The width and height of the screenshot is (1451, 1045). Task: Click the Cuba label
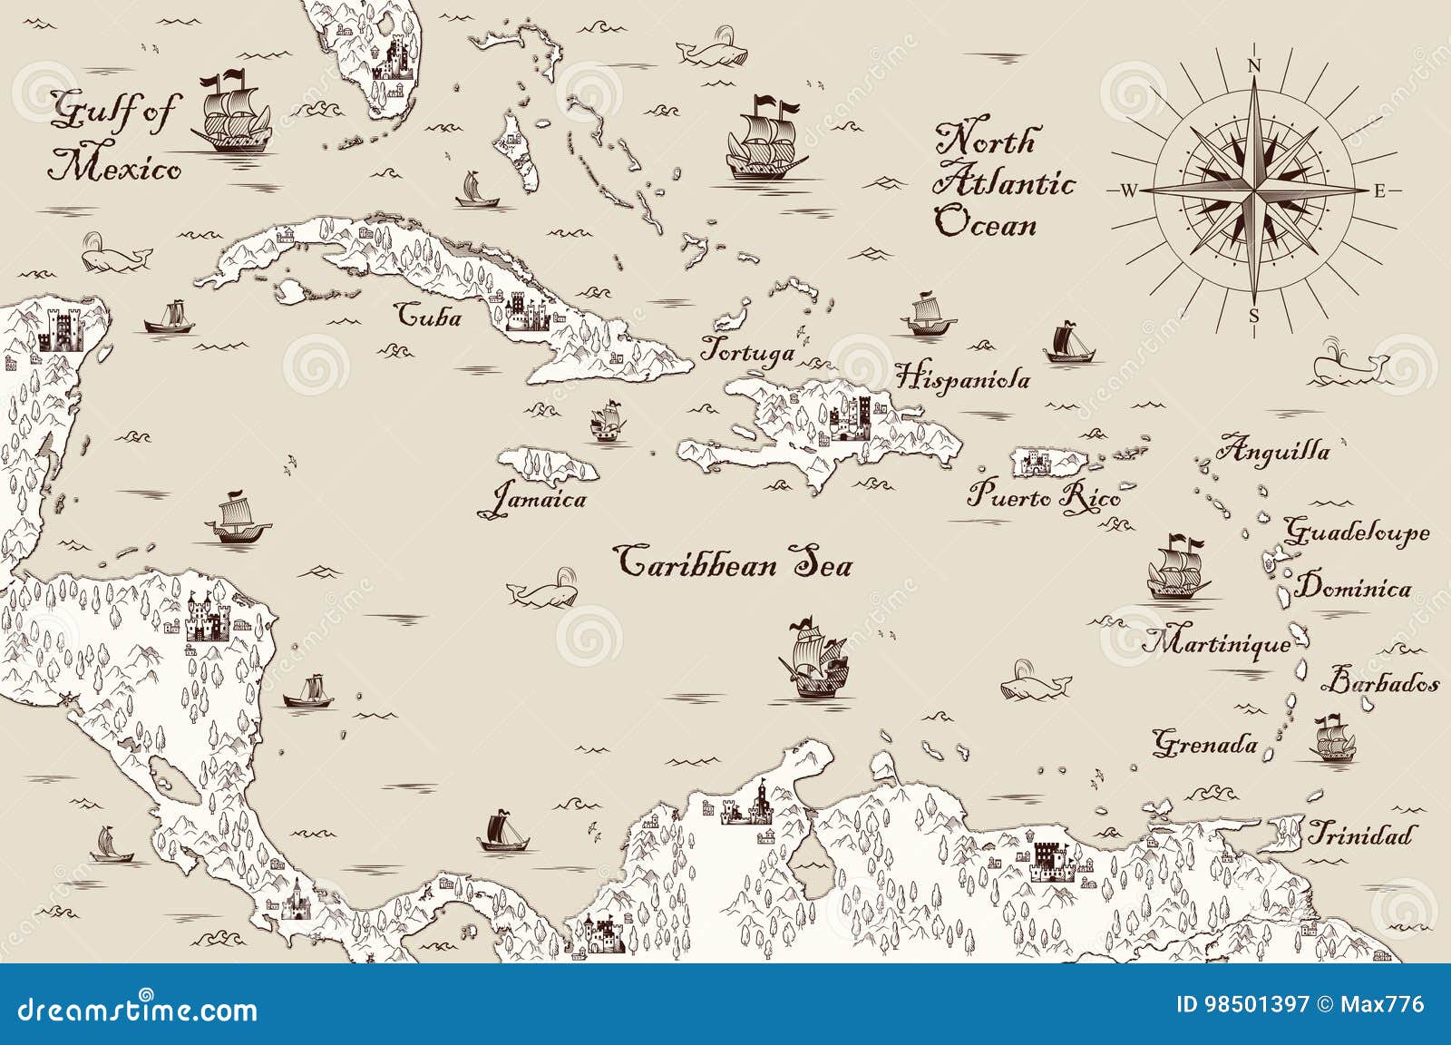[430, 317]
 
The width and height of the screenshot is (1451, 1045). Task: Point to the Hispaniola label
[962, 377]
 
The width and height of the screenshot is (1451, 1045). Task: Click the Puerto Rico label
[1043, 497]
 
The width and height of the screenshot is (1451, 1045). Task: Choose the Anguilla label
[1273, 450]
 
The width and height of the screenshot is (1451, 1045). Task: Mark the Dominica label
[1352, 588]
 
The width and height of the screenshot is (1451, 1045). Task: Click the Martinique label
[1216, 644]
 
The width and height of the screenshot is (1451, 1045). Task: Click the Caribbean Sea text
[734, 562]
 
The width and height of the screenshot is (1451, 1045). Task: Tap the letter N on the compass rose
[1255, 65]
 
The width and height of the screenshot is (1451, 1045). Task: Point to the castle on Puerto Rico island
[1035, 464]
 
